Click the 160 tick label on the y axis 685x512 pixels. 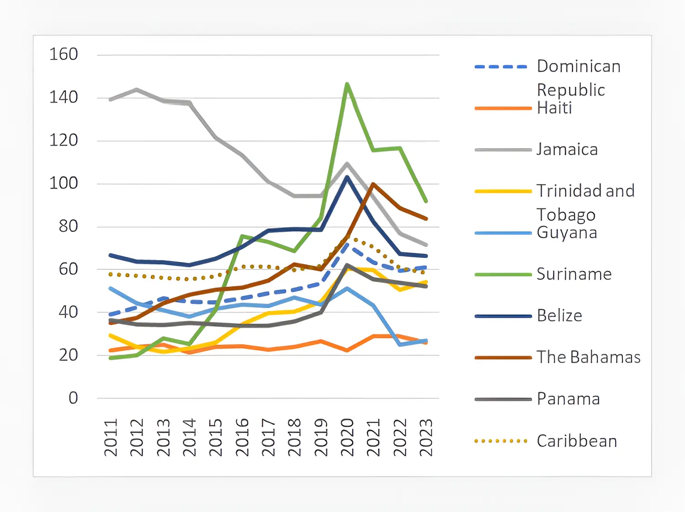[63, 54]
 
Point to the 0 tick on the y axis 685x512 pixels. [73, 398]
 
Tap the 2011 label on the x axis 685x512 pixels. [111, 437]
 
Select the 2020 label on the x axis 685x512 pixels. [347, 437]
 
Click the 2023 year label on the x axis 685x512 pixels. [426, 437]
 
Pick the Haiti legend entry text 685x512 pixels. [554, 108]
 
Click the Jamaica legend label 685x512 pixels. [567, 150]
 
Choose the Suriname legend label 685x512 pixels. [574, 274]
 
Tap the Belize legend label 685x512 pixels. [559, 316]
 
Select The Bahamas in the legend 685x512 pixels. [589, 357]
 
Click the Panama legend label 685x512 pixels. [568, 399]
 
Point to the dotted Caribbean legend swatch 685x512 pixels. [501, 441]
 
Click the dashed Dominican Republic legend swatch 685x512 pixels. [501, 67]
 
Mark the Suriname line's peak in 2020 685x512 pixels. [347, 84]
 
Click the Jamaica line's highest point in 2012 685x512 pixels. [137, 89]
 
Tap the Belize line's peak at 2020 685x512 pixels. [347, 177]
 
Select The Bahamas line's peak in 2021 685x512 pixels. [374, 184]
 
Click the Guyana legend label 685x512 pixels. [567, 233]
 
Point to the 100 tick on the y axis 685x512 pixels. [63, 183]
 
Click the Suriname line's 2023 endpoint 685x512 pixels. [426, 201]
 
